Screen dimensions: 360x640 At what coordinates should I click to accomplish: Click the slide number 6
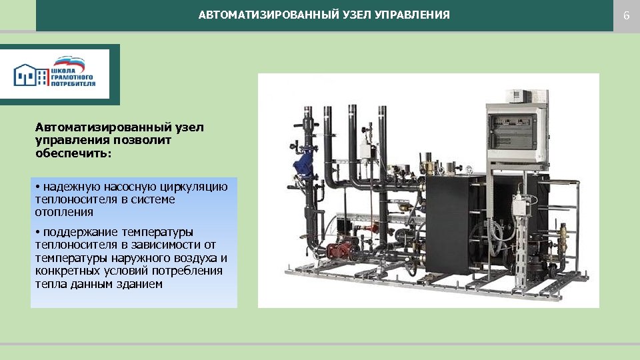[x=626, y=15]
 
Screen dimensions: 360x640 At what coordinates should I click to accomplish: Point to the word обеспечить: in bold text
[x=74, y=153]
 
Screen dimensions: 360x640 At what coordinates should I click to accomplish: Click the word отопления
[x=64, y=212]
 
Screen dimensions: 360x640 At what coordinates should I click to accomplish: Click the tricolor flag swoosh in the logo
[x=69, y=62]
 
